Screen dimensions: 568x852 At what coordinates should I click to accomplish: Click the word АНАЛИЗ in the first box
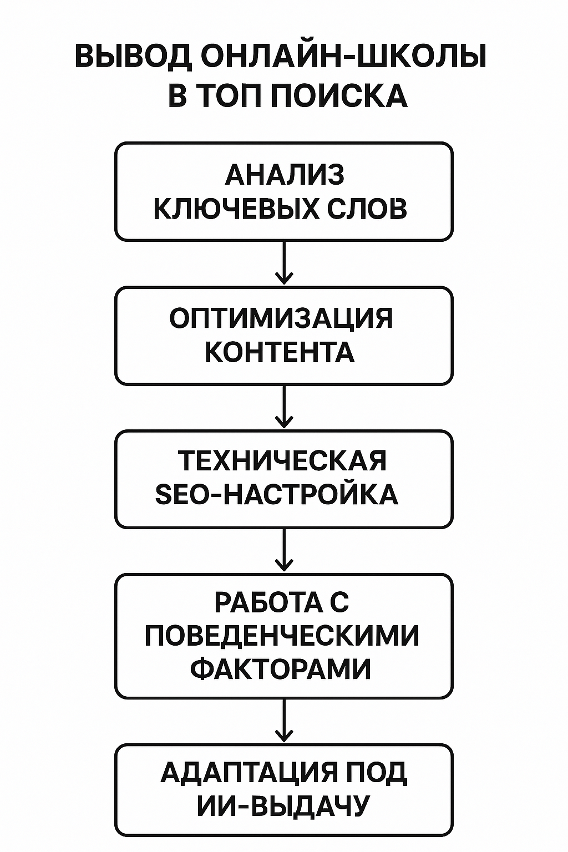(x=285, y=175)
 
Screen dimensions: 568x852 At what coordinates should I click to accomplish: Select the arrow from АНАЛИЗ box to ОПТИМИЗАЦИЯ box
(x=284, y=262)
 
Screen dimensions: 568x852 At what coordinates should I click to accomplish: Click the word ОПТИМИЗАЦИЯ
(x=281, y=319)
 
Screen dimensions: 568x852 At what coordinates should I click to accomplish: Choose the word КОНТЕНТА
(x=280, y=352)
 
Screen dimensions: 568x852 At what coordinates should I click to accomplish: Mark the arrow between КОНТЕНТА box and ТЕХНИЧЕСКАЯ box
(x=284, y=406)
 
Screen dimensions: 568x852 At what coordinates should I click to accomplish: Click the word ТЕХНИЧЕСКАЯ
(x=282, y=461)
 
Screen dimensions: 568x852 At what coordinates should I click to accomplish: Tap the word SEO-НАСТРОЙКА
(x=277, y=495)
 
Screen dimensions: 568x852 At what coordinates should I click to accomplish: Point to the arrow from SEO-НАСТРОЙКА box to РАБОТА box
(x=284, y=550)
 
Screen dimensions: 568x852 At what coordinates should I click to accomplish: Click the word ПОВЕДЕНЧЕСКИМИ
(x=282, y=636)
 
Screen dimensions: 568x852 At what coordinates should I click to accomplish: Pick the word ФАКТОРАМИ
(x=280, y=670)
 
